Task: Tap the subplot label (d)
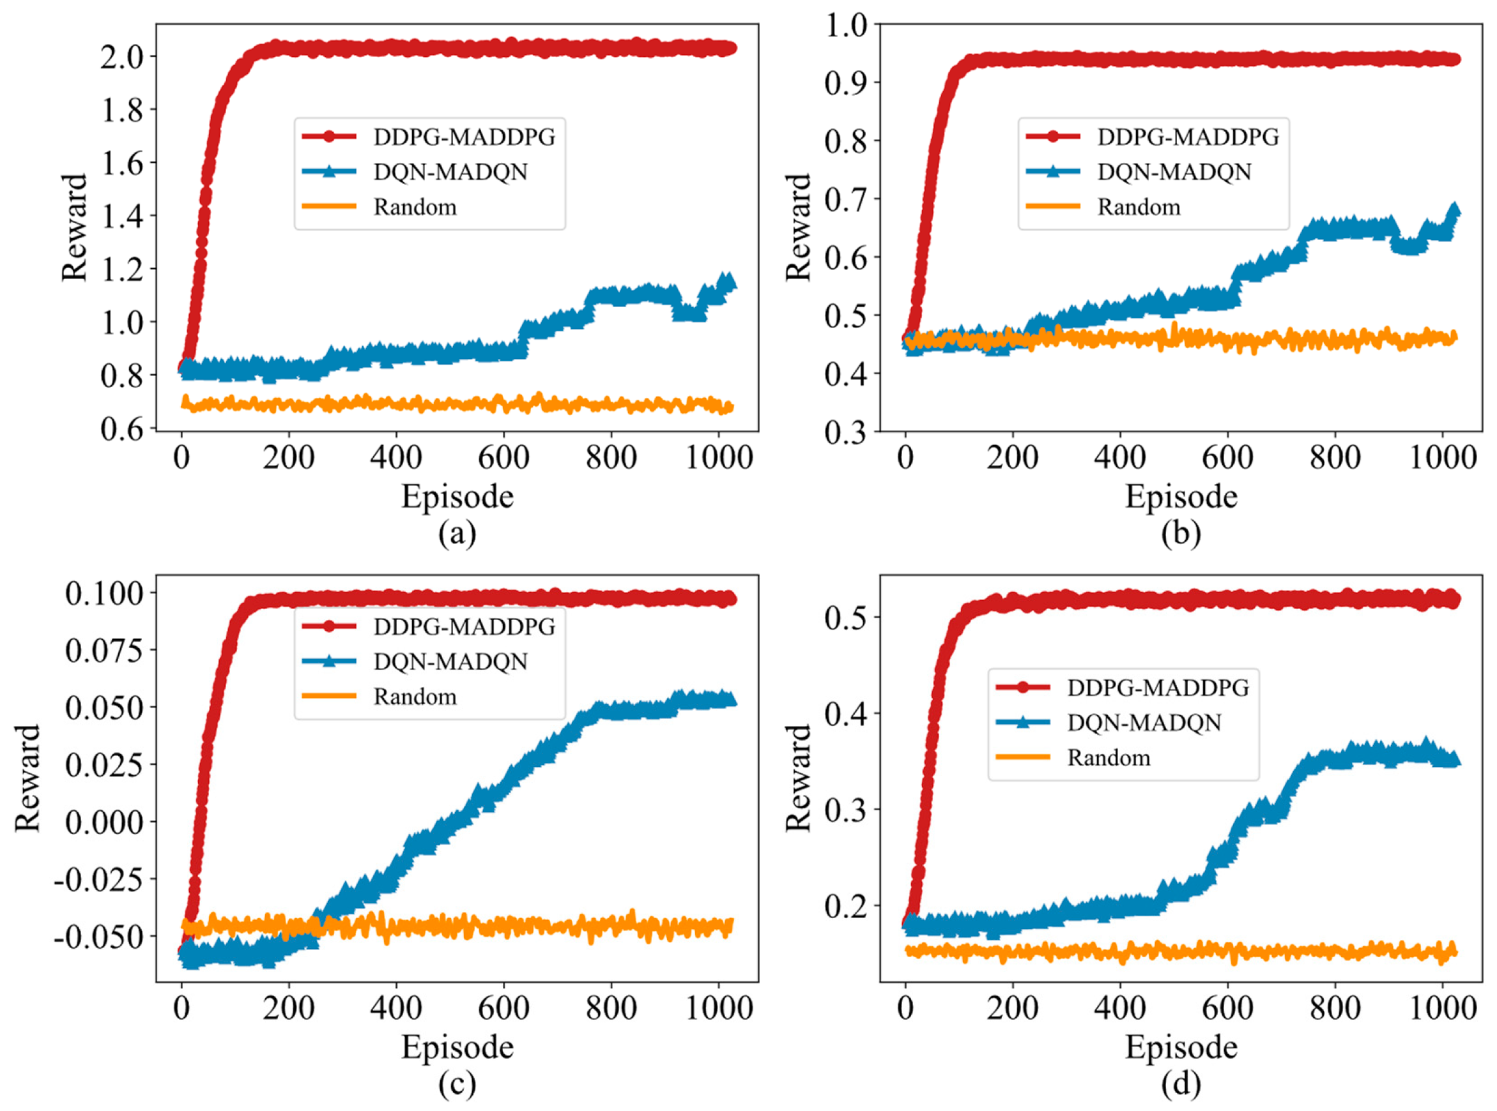[1181, 1084]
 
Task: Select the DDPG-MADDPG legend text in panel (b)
[1188, 137]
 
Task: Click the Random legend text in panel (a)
[415, 207]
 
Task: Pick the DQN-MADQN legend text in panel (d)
[1144, 723]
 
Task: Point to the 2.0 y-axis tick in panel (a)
[123, 56]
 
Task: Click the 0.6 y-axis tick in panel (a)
[123, 429]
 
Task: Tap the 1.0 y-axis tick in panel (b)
[847, 26]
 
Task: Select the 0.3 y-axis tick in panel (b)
[847, 432]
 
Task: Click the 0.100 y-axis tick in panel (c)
[104, 593]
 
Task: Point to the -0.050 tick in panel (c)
[99, 936]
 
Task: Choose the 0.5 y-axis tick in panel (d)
[847, 617]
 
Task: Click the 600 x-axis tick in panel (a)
[503, 458]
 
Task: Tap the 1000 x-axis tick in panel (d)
[1442, 1008]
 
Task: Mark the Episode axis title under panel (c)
[457, 1047]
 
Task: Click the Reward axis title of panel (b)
[799, 227]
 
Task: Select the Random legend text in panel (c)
[415, 697]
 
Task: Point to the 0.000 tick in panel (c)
[104, 822]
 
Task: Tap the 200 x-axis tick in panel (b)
[1013, 458]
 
